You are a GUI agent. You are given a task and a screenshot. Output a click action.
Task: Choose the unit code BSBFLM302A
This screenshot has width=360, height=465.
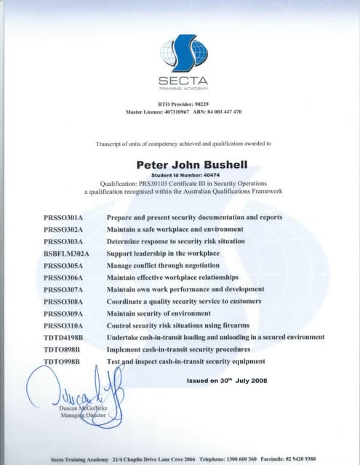point(66,254)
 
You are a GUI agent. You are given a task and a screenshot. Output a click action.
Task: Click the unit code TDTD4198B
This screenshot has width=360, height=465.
point(64,338)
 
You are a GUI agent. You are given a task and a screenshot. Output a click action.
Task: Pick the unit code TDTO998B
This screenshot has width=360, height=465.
point(63,361)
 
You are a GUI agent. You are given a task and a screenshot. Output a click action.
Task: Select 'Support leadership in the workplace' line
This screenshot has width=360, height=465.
point(163,254)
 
